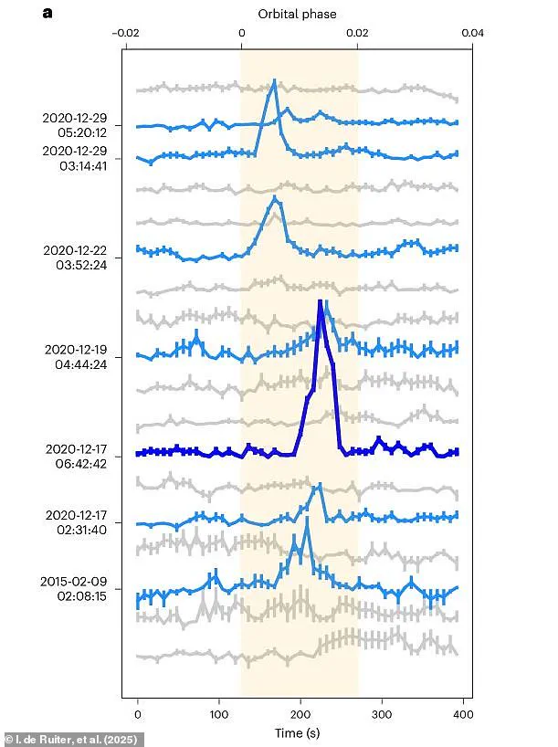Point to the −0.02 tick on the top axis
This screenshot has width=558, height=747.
click(125, 33)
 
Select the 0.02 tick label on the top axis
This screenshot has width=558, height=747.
click(357, 33)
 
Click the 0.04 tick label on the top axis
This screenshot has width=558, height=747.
click(471, 33)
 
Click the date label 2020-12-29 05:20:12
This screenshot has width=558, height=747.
click(76, 124)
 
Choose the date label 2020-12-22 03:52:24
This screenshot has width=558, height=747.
click(76, 257)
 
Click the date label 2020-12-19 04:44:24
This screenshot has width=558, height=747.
click(76, 356)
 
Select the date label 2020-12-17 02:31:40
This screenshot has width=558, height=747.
click(76, 522)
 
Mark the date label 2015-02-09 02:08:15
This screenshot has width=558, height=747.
click(76, 588)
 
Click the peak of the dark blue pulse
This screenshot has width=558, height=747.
click(321, 301)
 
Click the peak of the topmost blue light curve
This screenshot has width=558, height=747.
click(274, 81)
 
